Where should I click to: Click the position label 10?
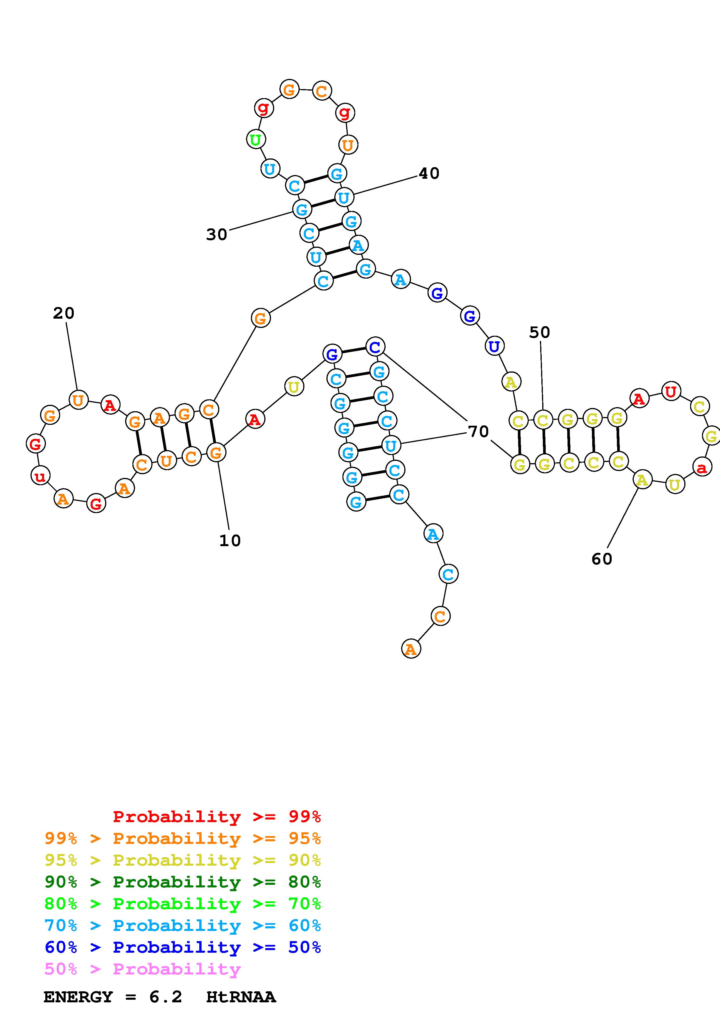[230, 540]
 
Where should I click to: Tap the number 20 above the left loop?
[63, 313]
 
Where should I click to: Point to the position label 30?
[216, 234]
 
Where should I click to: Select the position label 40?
[429, 173]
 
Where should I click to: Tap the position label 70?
[478, 431]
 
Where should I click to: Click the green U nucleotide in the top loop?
[256, 140]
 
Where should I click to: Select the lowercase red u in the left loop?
[40, 476]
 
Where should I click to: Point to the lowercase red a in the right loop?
[701, 467]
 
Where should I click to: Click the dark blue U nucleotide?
[494, 346]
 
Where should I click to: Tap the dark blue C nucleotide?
[375, 347]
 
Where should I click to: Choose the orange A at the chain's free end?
[411, 649]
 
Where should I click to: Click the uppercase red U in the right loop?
[671, 391]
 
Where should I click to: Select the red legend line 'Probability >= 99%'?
[216, 817]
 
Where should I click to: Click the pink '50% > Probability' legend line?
[142, 969]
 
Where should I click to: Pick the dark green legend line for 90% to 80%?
[182, 882]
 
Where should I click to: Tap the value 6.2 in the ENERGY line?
[166, 997]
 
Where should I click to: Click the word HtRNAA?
[241, 997]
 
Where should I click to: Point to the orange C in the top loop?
[321, 91]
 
